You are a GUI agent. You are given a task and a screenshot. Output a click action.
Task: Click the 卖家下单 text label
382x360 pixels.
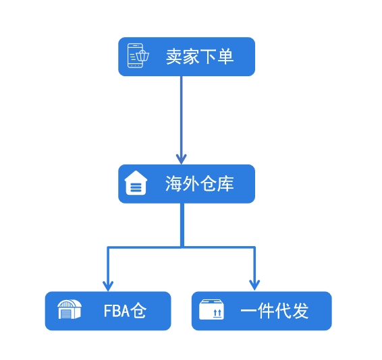tap(200, 57)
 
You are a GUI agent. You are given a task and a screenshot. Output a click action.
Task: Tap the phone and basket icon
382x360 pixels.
tap(138, 55)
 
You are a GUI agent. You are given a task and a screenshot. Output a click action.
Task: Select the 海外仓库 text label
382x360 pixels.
tap(200, 184)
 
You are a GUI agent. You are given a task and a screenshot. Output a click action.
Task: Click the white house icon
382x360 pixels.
tap(136, 183)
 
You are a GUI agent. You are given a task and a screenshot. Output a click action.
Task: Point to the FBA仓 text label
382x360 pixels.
tap(125, 311)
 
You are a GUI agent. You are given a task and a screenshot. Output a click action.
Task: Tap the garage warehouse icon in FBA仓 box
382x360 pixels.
tap(70, 309)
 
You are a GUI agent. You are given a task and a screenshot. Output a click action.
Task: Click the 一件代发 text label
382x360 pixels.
tap(275, 311)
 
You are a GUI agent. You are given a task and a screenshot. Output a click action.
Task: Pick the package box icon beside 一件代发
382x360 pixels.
tap(211, 309)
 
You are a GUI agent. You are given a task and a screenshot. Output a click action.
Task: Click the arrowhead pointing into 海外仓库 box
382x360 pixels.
tap(182, 159)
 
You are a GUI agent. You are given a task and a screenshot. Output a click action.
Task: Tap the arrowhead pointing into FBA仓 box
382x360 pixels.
tap(108, 286)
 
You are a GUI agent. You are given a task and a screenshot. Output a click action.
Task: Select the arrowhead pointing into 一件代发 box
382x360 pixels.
tap(254, 285)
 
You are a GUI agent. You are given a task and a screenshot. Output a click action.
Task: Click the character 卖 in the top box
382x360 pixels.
tap(174, 57)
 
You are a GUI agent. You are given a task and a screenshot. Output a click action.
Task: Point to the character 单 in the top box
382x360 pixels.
tap(225, 57)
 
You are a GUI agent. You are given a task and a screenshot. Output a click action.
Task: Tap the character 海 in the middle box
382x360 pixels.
tap(173, 184)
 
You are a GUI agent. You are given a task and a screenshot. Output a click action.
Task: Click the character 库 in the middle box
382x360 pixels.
tap(226, 184)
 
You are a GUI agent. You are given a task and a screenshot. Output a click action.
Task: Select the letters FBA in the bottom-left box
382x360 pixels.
tap(117, 311)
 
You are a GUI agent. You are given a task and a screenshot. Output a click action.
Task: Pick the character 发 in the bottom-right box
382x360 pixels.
tap(300, 311)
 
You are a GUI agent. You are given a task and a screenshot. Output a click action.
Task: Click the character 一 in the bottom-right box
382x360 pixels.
tap(248, 311)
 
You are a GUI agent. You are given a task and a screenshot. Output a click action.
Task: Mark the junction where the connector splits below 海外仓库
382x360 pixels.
tap(182, 247)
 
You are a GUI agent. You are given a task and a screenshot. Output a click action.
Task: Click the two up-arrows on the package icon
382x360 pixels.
tap(217, 313)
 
